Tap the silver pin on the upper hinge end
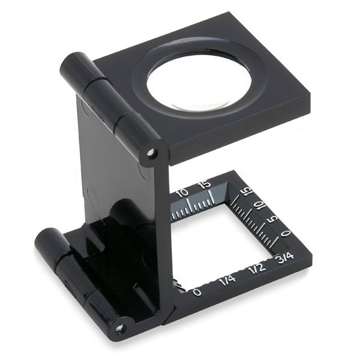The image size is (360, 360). pyautogui.click(x=151, y=152)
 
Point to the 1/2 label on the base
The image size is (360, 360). pyautogui.click(x=257, y=268)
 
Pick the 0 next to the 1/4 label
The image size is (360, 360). pyautogui.click(x=197, y=292)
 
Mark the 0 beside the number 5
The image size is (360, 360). pyautogui.click(x=286, y=233)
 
